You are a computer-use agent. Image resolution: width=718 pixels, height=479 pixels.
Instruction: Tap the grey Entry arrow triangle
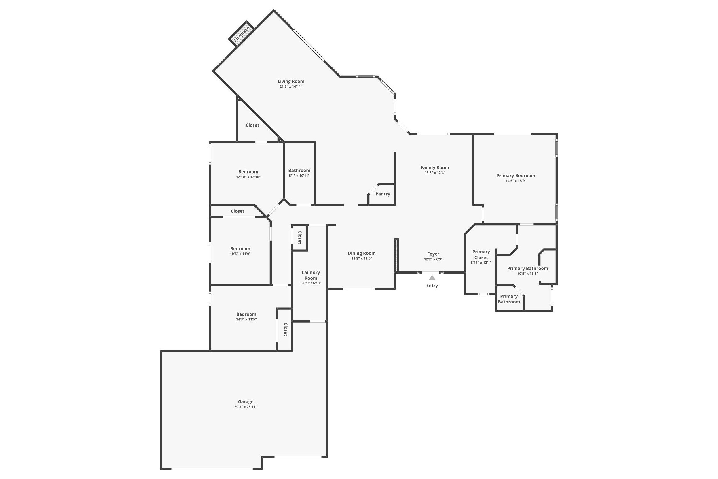(x=432, y=278)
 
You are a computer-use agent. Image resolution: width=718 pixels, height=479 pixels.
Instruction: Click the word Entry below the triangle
(x=432, y=286)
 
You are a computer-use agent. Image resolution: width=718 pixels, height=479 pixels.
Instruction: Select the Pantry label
(x=383, y=194)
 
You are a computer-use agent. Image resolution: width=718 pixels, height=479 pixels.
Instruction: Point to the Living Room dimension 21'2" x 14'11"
(x=291, y=87)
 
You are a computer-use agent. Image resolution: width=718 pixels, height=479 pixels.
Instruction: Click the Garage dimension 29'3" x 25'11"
(x=246, y=407)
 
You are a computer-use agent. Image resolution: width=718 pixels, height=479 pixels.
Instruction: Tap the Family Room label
(x=434, y=167)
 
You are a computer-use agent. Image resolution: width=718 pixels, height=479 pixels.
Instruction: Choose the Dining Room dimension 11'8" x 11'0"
(x=361, y=259)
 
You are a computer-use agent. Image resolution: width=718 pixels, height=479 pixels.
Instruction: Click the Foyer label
(x=433, y=254)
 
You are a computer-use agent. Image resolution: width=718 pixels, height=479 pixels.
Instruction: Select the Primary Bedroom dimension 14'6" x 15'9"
(x=515, y=181)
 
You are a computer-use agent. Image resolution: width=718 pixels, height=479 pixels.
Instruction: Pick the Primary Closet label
(x=481, y=254)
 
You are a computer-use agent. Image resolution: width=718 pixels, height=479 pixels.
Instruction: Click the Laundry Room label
(x=311, y=275)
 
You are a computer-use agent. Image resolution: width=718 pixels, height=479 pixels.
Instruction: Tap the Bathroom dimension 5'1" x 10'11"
(x=299, y=176)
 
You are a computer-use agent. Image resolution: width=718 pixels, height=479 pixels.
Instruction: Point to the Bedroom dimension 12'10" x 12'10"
(x=248, y=177)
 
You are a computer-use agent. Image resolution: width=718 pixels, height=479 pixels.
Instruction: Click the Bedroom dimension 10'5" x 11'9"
(x=240, y=254)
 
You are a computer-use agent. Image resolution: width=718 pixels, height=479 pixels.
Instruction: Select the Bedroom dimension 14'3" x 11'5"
(x=246, y=320)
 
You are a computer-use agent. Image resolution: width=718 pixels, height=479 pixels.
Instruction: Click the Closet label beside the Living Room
(x=252, y=125)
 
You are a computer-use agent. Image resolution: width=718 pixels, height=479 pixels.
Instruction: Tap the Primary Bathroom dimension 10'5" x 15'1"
(x=527, y=274)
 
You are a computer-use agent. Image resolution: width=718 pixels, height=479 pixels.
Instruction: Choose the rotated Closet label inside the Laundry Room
(x=299, y=237)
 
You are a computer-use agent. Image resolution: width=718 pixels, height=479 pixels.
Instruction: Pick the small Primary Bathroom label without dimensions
(x=509, y=299)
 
